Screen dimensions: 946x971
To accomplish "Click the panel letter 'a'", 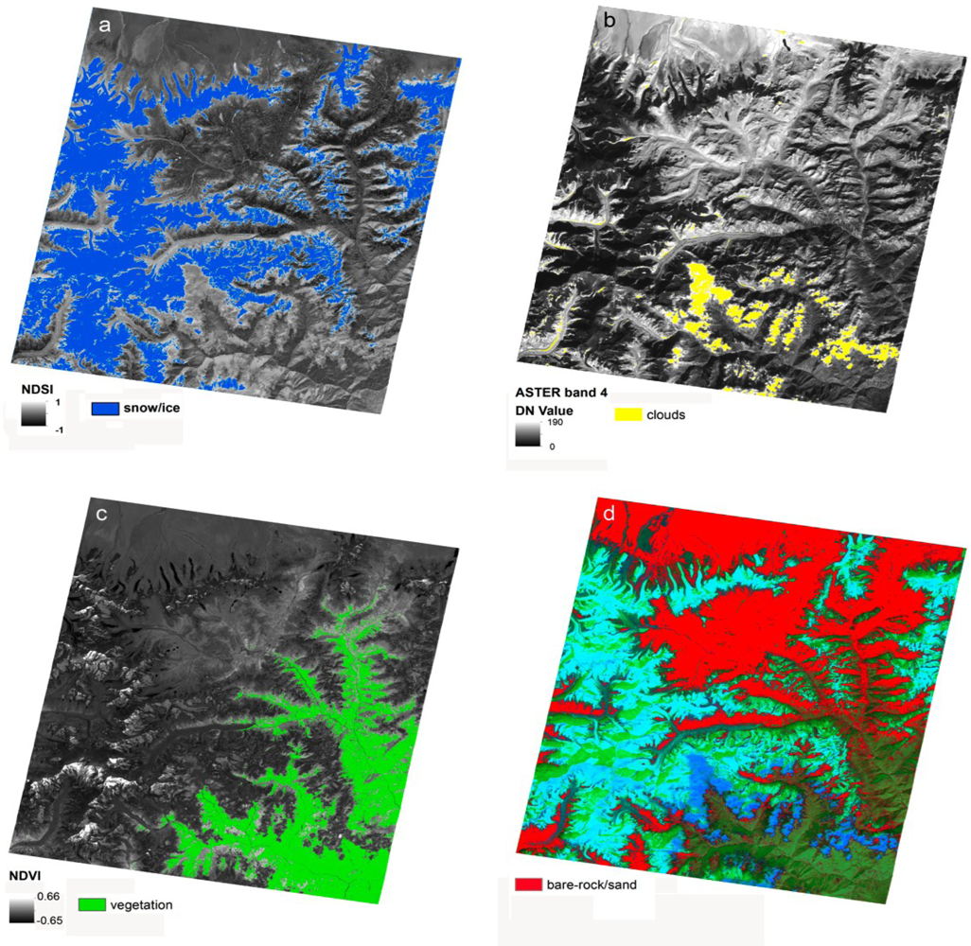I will pyautogui.click(x=106, y=26).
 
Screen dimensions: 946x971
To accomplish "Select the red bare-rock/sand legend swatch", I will pyautogui.click(x=527, y=885).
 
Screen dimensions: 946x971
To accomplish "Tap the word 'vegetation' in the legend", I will pyautogui.click(x=141, y=904).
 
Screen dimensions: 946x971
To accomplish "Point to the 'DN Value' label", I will pyautogui.click(x=542, y=409).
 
